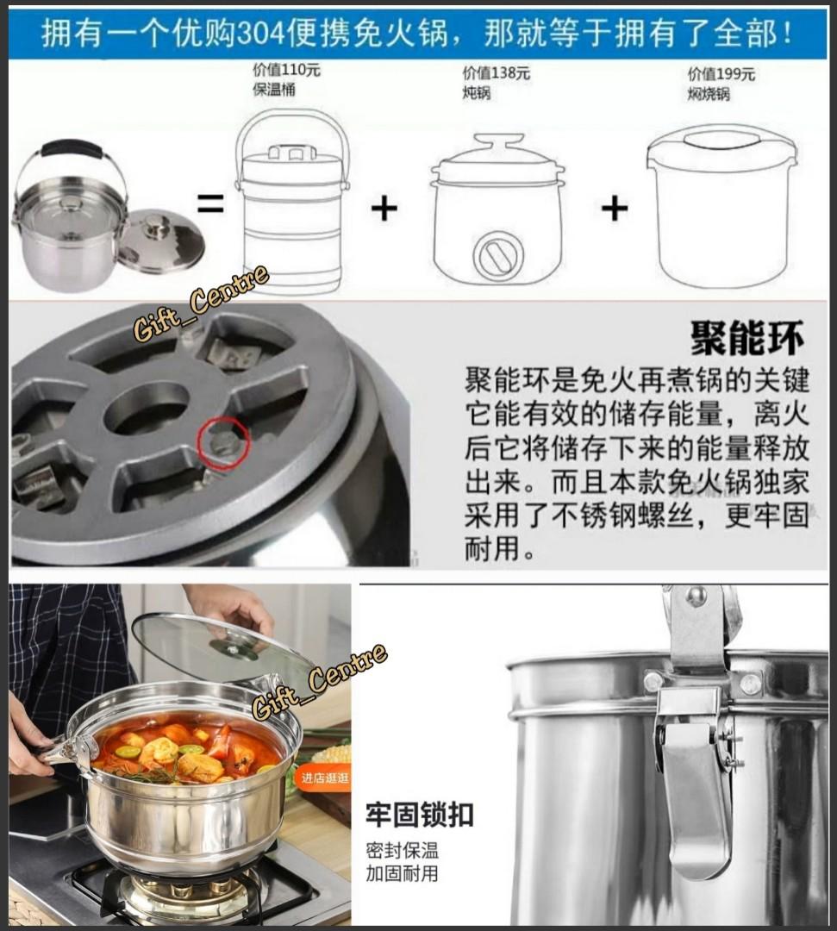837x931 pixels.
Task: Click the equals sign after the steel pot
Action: (210, 205)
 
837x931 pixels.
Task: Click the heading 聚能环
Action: (746, 339)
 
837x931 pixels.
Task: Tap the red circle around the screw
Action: (226, 443)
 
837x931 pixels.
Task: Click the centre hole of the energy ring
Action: (147, 408)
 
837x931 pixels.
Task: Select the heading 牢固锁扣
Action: (419, 815)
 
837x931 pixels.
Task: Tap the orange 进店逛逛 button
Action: (325, 778)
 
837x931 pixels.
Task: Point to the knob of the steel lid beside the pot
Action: (158, 227)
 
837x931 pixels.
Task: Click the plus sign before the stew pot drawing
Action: (384, 209)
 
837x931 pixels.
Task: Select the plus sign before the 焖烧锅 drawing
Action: (614, 209)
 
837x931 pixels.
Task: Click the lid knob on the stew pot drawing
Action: (498, 142)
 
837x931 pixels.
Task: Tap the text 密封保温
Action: (401, 850)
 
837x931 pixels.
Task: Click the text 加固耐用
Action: (401, 873)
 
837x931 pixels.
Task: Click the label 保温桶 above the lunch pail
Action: (273, 90)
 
